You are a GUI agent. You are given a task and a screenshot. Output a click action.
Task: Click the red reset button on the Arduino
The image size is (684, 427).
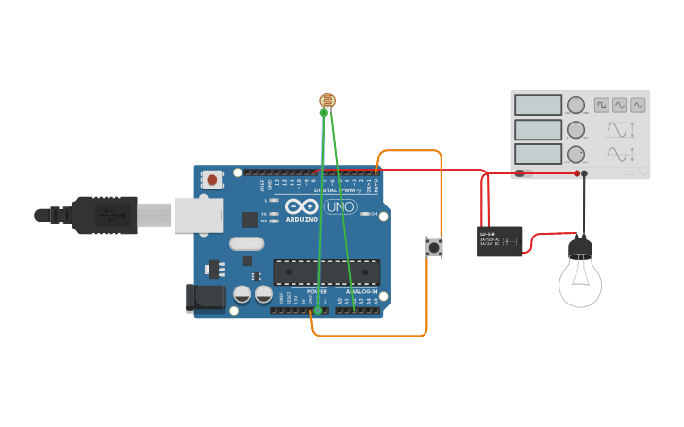coord(212,179)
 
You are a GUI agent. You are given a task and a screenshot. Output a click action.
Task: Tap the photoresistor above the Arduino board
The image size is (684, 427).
coord(327,100)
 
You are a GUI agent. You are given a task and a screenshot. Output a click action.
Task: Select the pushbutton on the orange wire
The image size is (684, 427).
coord(434,247)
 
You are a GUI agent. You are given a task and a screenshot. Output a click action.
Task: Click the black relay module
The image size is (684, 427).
coord(500,241)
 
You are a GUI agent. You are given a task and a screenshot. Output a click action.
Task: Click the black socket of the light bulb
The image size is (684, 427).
coord(579,249)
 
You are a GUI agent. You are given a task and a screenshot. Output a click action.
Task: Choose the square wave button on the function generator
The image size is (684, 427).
coord(601,105)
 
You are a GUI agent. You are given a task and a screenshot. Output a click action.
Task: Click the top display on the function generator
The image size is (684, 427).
coord(539,105)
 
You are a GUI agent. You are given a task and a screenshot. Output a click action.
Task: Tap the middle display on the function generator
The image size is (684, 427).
coord(539,129)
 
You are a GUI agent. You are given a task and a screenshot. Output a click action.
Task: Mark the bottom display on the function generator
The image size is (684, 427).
coord(539,154)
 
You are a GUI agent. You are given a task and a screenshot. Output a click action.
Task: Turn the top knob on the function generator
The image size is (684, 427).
coord(576,105)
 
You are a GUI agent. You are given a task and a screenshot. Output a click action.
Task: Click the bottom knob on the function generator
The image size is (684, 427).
coord(576,154)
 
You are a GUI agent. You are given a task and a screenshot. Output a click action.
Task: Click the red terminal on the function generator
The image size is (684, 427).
coord(578,173)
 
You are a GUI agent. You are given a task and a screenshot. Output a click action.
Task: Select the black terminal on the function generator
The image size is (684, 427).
coord(585,173)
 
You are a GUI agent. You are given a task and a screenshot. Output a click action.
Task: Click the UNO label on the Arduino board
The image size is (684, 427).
coord(340,206)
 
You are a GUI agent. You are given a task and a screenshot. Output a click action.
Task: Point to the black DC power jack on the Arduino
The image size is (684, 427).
coord(206,298)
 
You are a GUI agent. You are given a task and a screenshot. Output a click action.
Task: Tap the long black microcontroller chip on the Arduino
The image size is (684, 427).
coord(326,272)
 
